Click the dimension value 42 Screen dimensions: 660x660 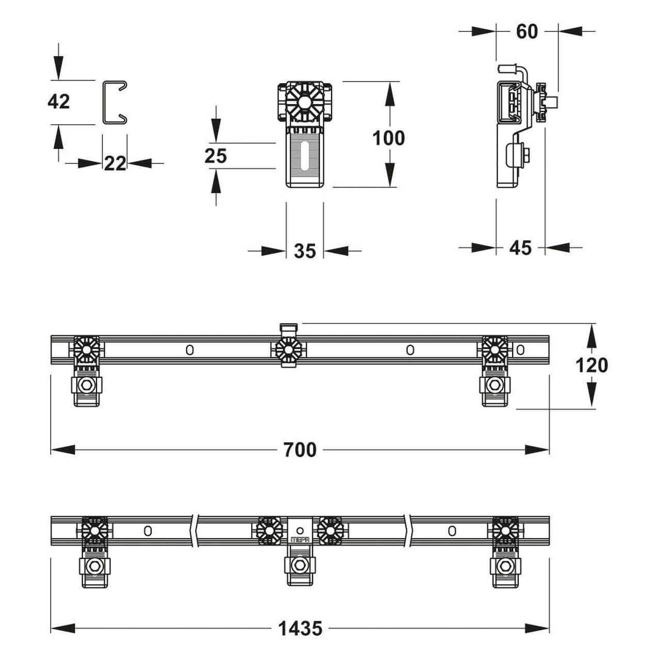(x=59, y=102)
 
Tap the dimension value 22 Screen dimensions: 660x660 (x=115, y=163)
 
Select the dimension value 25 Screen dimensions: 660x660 (x=216, y=156)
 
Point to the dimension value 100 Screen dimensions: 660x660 (x=388, y=138)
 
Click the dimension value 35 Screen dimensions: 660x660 (x=305, y=251)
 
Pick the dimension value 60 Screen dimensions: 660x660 (x=527, y=32)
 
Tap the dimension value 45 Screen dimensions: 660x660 (x=520, y=247)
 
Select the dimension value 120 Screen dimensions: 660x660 (x=592, y=366)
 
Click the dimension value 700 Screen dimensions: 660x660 (x=300, y=450)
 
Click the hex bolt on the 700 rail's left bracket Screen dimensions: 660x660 (x=87, y=385)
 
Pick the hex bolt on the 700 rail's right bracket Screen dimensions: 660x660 (x=494, y=385)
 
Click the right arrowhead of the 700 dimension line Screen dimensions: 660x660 (x=537, y=450)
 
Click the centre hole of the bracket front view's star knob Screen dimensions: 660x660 (x=304, y=102)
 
